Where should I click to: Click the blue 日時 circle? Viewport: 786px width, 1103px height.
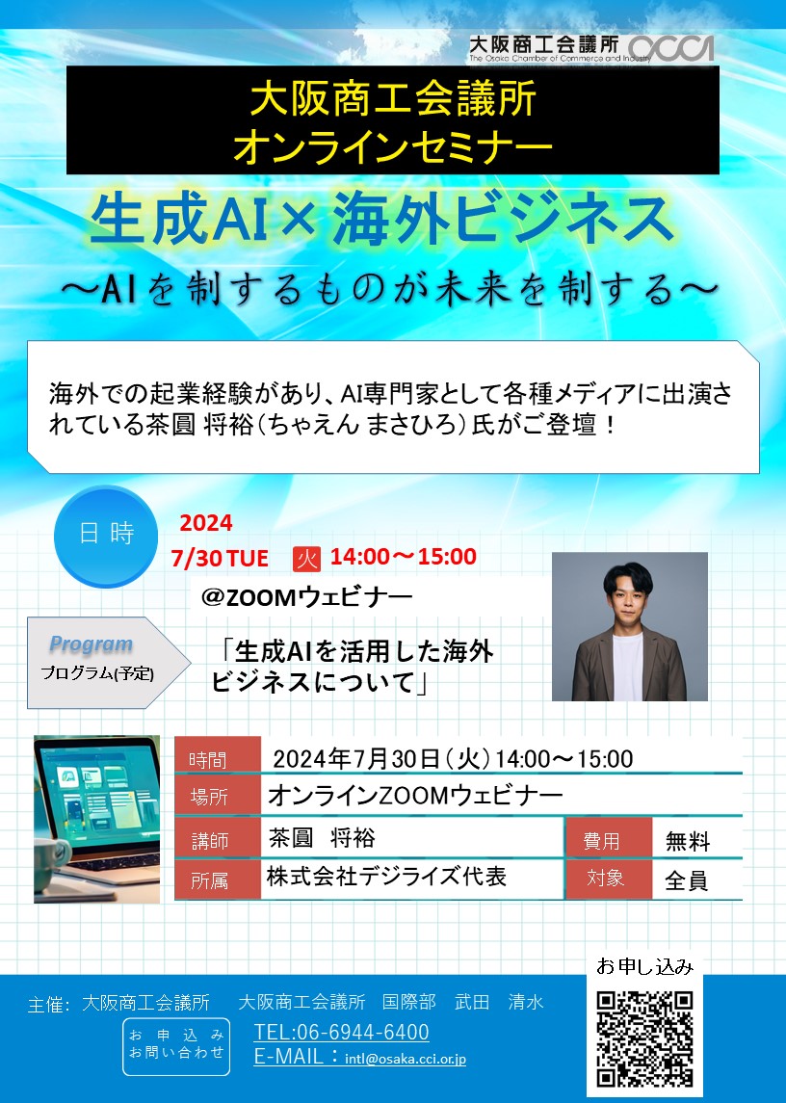(106, 536)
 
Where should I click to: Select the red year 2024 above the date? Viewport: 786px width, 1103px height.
(205, 523)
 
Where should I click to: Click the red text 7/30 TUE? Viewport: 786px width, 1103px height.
(220, 559)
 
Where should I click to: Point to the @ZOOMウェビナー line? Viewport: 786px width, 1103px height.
(306, 597)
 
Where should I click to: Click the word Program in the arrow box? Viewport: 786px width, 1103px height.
(91, 643)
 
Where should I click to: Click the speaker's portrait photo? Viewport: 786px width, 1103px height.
(629, 626)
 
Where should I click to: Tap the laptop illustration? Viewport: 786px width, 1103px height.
(97, 819)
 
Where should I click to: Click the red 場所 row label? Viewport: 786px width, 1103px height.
(218, 795)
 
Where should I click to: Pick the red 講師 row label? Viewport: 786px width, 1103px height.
(218, 838)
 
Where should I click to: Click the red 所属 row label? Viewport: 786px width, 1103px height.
(218, 880)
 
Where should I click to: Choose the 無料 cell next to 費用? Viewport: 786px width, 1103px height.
(688, 841)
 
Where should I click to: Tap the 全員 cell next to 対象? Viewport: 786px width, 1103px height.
(686, 880)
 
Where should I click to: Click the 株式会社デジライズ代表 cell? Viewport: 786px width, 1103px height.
(386, 877)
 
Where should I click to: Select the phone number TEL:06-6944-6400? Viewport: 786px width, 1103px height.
(341, 1032)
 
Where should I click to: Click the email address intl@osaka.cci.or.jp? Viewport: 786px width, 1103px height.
(406, 1059)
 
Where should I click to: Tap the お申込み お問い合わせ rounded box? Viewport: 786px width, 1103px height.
(176, 1047)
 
